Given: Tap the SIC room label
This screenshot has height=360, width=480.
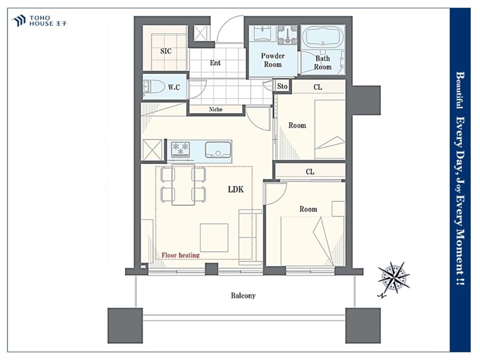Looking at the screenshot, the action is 166,51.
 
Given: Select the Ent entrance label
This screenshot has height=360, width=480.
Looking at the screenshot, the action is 215,63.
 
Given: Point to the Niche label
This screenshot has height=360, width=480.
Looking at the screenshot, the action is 216,109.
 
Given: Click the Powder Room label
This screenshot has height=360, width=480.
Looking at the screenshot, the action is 273,60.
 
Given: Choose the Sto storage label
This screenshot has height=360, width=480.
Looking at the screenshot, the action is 282,86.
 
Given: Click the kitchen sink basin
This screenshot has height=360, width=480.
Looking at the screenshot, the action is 217,150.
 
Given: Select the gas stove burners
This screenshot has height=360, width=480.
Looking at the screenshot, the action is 180,148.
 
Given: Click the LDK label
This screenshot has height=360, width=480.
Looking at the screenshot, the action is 236,190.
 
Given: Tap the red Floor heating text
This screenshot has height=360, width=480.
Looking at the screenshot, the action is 180,255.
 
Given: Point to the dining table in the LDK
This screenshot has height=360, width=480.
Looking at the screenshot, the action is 183,185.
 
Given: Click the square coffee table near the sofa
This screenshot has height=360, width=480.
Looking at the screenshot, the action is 214,238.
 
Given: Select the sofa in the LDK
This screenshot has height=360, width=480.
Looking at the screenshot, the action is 251,237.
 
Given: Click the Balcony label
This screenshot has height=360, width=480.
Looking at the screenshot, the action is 243,296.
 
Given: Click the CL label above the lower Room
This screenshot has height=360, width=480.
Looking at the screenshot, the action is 310,172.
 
